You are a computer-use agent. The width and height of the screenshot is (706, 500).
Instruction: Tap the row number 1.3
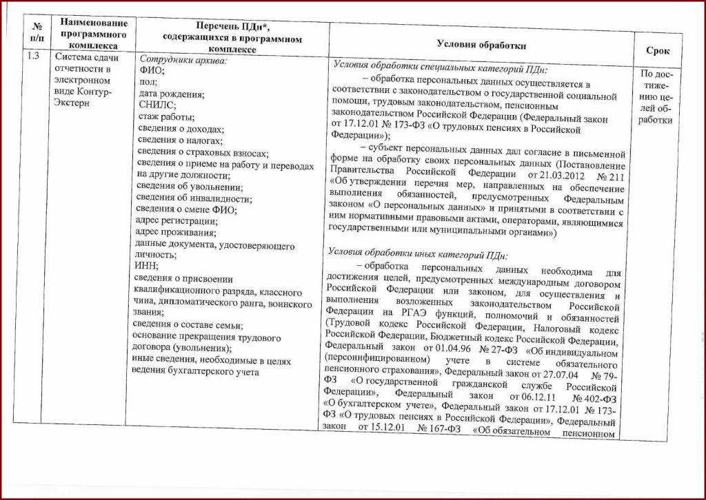point(33,56)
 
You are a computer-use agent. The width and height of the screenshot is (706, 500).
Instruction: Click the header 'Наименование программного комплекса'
point(93,34)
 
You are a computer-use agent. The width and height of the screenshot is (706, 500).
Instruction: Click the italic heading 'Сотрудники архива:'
point(183,59)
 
